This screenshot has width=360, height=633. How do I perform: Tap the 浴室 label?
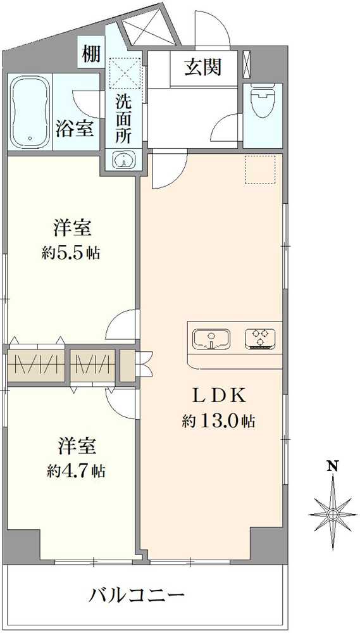coord(76,129)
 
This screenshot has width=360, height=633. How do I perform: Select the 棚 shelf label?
coord(90,54)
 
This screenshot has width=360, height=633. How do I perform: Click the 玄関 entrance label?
coord(202,67)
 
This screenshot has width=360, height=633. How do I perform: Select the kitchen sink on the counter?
coord(212,338)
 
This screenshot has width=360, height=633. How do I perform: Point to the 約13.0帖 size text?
coord(218,420)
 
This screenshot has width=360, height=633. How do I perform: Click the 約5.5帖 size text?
coord(71,253)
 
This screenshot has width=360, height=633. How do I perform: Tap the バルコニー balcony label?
coord(137,596)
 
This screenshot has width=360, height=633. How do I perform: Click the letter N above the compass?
coord(332,467)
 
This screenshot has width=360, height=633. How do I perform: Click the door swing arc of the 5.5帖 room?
coord(123,324)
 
